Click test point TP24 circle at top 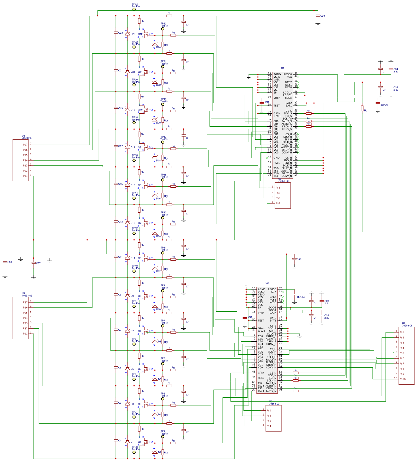click(134, 9)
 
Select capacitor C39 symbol click(318, 16)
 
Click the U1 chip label click(282, 68)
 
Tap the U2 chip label click(267, 283)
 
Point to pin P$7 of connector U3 click(25, 145)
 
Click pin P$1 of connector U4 click(25, 334)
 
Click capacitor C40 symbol click(294, 259)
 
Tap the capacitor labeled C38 click(5, 262)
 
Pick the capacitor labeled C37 click(33, 263)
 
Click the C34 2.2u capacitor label click(396, 70)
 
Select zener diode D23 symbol click(128, 34)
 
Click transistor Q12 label click(140, 34)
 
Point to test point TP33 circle click(134, 452)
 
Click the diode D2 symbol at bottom click(155, 452)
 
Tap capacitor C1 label click(120, 440)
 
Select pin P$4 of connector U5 click(269, 426)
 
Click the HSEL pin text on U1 click(276, 163)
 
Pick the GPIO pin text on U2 click(261, 373)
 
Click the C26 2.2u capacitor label click(327, 316)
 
